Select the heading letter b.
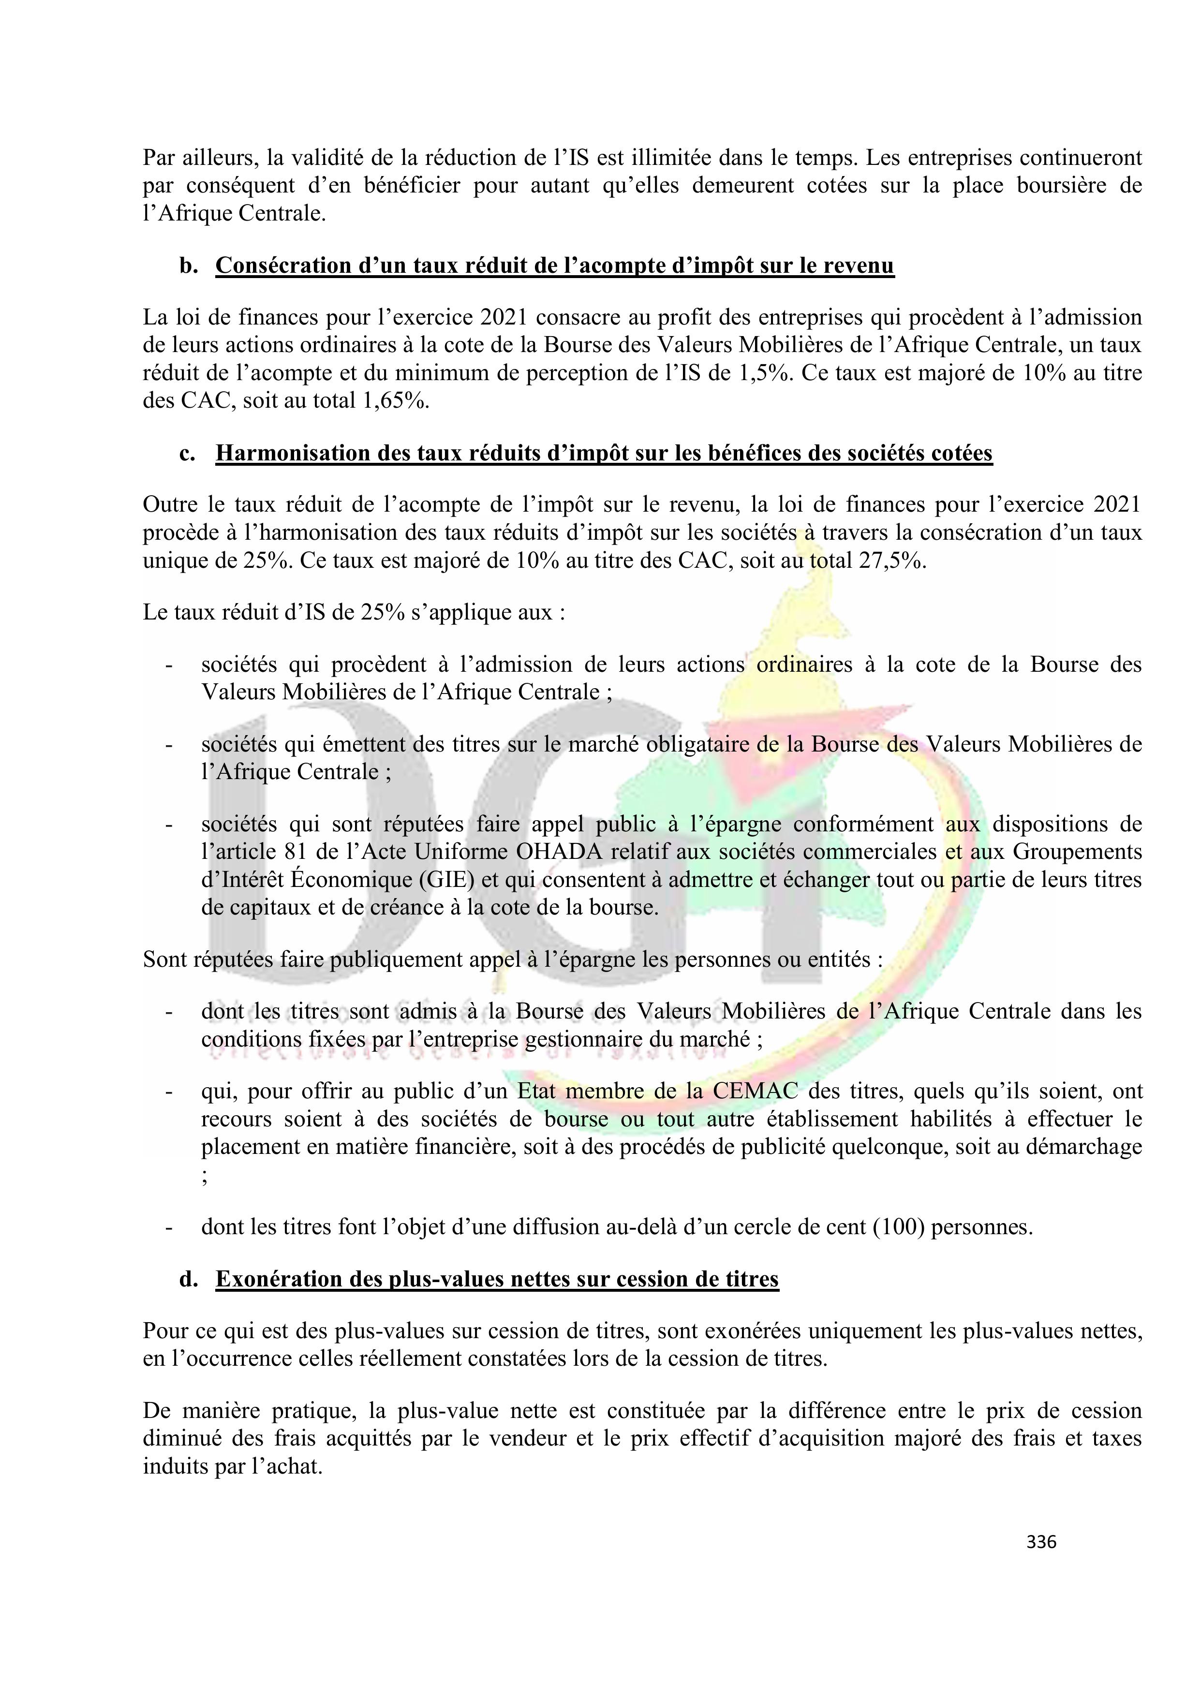(x=188, y=266)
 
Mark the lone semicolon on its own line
(x=204, y=1177)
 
